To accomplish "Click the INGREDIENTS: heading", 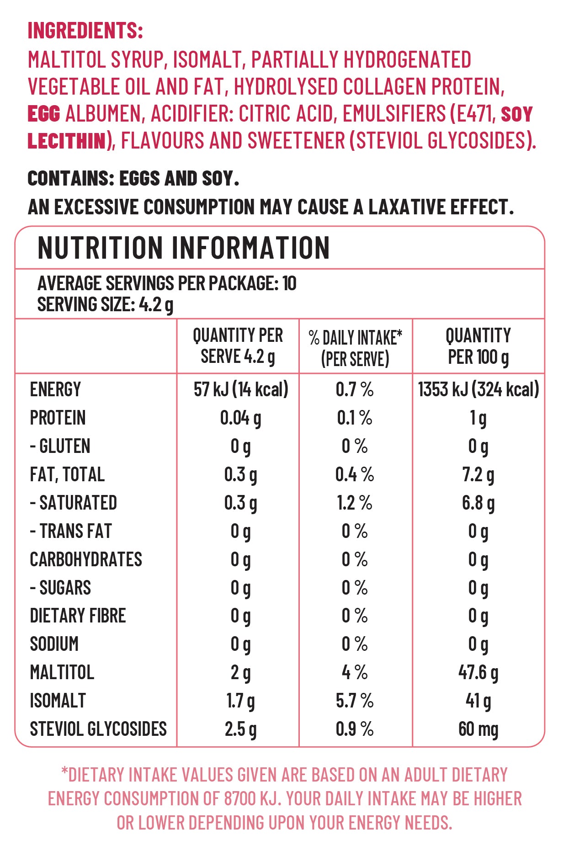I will [85, 31].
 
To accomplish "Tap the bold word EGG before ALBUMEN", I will [44, 114].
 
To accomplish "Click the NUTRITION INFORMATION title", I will [184, 248].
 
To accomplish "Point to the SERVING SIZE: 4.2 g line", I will [105, 304].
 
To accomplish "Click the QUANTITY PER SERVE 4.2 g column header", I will [238, 346].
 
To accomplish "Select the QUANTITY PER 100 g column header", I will [478, 346].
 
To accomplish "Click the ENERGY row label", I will [55, 390].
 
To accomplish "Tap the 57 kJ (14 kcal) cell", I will [241, 390].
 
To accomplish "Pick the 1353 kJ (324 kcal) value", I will [478, 390].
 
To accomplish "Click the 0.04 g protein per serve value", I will [240, 418].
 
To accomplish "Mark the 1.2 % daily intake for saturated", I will [355, 503].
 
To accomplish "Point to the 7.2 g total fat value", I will [478, 475].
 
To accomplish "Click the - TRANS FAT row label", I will [71, 532].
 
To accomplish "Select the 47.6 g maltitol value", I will [478, 673].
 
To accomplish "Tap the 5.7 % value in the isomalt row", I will [355, 701].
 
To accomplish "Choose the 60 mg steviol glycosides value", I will [478, 729].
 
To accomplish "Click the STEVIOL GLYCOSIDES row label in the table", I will [98, 729].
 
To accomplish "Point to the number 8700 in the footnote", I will [240, 799].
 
